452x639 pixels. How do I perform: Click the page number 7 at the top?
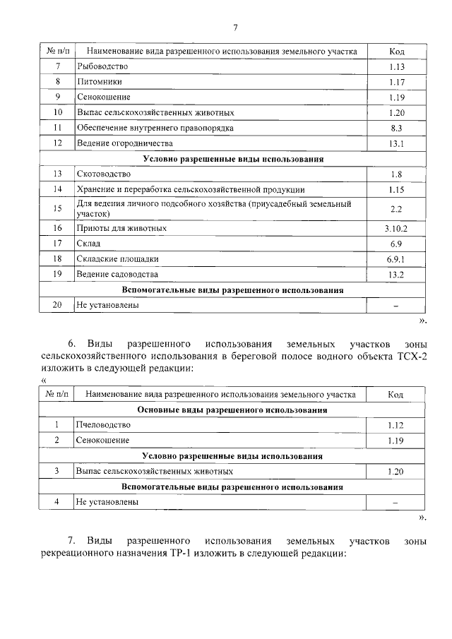[x=235, y=28]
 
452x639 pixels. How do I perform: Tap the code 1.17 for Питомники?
[x=396, y=82]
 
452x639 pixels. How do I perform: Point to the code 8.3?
[x=396, y=128]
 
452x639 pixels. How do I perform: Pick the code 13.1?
[x=396, y=143]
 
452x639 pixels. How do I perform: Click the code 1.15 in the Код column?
[x=396, y=189]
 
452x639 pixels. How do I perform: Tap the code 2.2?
[x=396, y=208]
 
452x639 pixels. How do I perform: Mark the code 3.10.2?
[x=396, y=229]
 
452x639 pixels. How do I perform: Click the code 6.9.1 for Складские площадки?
[x=396, y=259]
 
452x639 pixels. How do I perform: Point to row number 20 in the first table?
[x=58, y=305]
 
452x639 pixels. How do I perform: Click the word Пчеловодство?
[x=103, y=425]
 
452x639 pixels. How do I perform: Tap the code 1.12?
[x=396, y=425]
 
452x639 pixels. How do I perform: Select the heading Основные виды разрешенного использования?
[x=232, y=410]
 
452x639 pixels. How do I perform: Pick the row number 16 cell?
[x=58, y=229]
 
